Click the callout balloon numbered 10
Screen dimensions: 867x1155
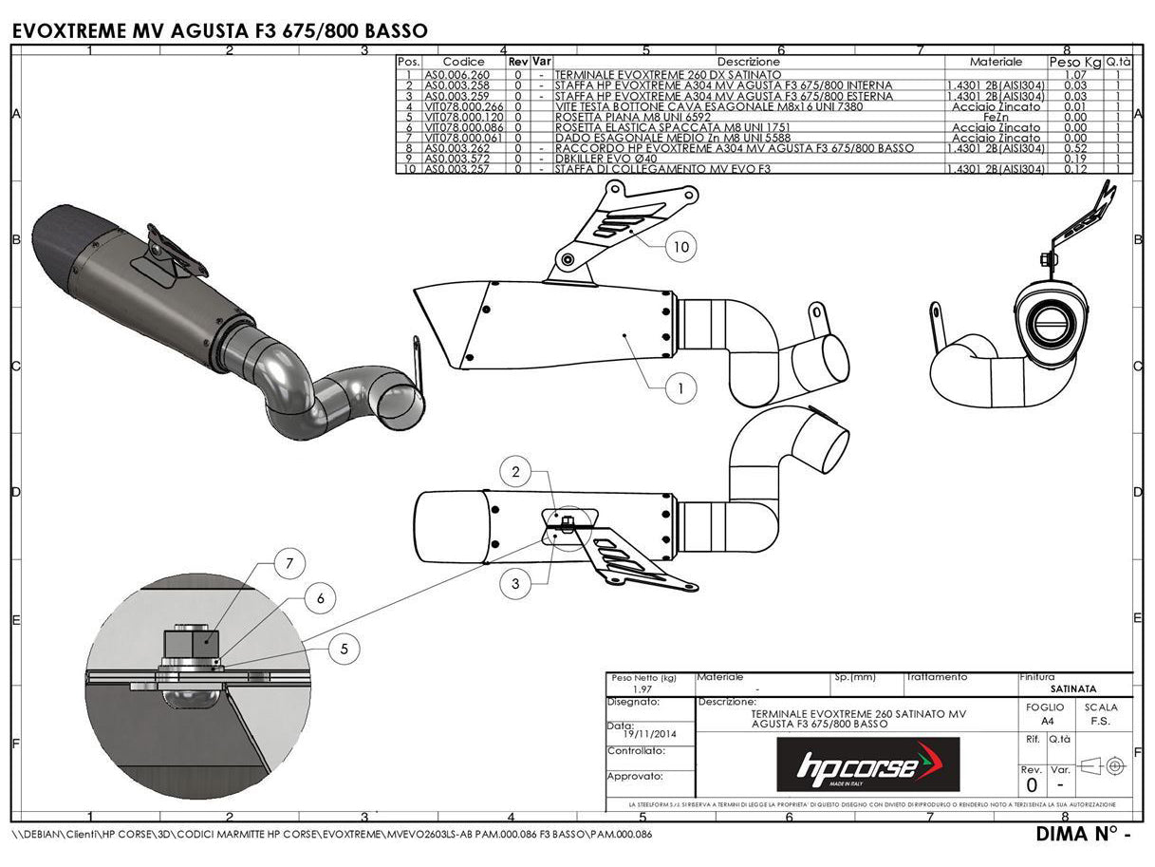coord(680,247)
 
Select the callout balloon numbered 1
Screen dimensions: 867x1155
coord(680,387)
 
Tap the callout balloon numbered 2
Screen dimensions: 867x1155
coord(515,471)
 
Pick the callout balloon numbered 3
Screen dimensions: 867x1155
coord(515,583)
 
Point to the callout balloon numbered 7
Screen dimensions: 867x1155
coord(290,563)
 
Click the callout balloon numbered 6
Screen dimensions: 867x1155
coord(321,597)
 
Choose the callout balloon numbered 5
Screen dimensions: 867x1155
coord(345,650)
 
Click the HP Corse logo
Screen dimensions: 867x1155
coord(867,765)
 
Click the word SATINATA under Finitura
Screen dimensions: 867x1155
coord(1073,688)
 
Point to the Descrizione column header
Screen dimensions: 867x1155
coord(749,62)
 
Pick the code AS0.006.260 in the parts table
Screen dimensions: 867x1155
coord(456,74)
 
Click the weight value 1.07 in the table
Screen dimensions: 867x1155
coord(1075,74)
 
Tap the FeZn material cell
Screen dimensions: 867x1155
coord(996,117)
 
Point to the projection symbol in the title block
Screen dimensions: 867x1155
coord(1103,764)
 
